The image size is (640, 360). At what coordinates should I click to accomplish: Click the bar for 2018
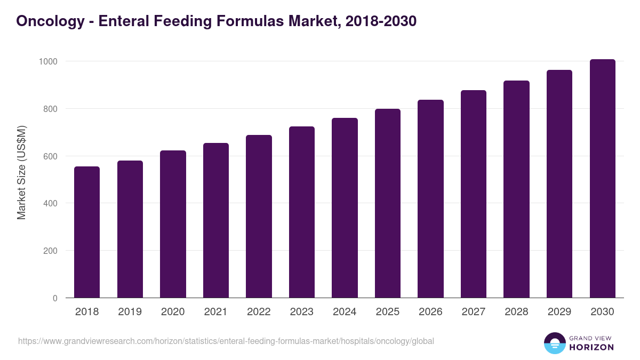[87, 233]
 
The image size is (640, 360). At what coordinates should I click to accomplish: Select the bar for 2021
[215, 221]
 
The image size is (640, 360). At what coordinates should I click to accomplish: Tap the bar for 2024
[345, 208]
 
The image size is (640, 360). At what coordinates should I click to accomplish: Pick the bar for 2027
[473, 194]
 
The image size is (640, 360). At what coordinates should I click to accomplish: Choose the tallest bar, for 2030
[602, 179]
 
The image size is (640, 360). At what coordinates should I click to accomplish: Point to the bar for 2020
[173, 225]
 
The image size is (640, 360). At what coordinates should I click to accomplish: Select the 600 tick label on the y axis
[50, 156]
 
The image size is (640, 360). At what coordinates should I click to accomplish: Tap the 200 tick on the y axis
[50, 251]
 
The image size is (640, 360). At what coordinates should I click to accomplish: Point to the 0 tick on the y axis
[55, 298]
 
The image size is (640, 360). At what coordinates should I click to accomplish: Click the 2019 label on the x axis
[130, 312]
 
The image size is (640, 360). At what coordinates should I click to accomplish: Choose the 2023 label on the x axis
[302, 312]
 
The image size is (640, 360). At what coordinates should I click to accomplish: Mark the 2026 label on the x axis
[430, 312]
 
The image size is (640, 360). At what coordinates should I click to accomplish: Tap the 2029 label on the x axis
[559, 312]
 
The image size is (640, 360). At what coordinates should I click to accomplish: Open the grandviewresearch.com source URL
[226, 341]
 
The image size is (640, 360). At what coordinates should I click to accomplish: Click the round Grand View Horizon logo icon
[554, 343]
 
